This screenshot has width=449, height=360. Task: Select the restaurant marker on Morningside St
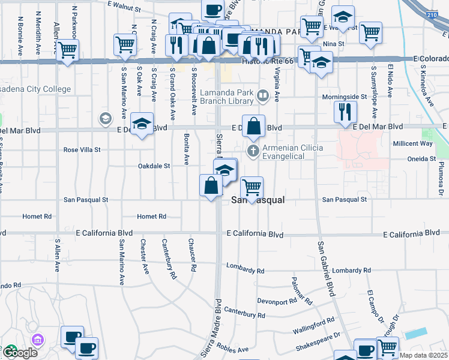pyautogui.click(x=345, y=112)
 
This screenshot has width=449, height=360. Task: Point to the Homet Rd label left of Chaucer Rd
pyautogui.click(x=151, y=216)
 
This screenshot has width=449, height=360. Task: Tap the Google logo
pyautogui.click(x=19, y=353)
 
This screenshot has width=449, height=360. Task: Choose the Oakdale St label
pyautogui.click(x=154, y=166)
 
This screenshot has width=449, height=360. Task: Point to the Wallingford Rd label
pyautogui.click(x=313, y=325)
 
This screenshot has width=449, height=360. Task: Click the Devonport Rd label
pyautogui.click(x=277, y=301)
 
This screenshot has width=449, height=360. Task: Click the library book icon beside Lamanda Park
pyautogui.click(x=262, y=95)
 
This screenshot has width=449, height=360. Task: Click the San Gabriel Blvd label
pyautogui.click(x=325, y=269)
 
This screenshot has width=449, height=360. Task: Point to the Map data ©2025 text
pyautogui.click(x=424, y=355)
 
